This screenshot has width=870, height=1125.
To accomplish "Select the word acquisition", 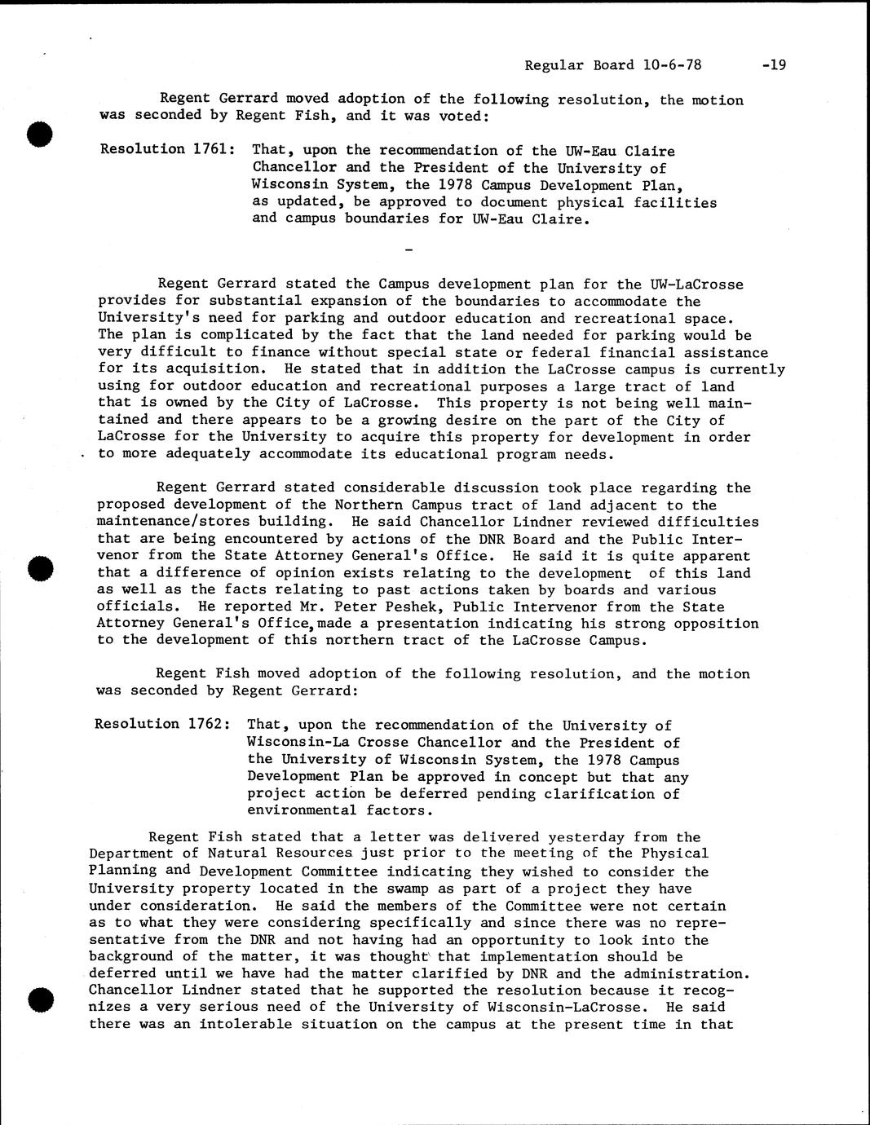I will click(x=175, y=369).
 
